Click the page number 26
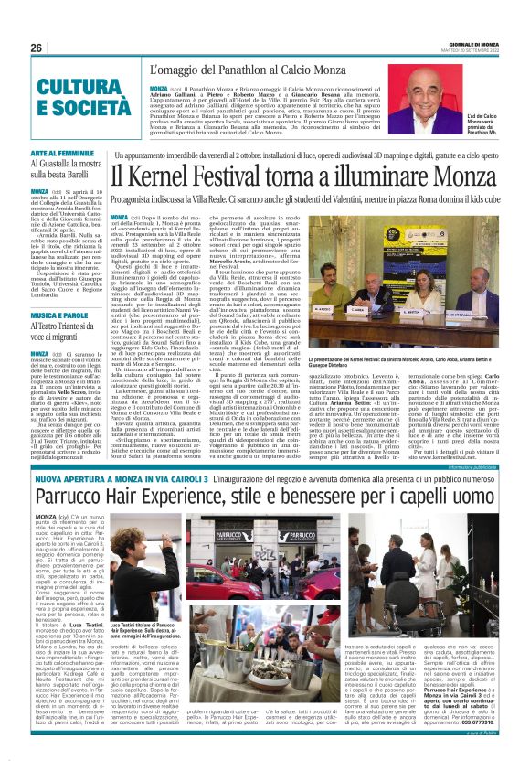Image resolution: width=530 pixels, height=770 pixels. (36, 48)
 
